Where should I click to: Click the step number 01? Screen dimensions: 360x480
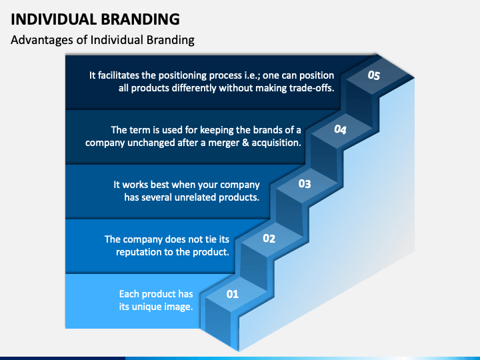pos(233,293)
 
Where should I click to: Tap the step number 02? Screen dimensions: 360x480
pos(269,238)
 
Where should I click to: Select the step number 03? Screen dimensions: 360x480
pos(304,183)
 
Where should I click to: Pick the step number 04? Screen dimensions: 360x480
pos(340,130)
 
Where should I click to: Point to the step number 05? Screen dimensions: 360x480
pos(374,76)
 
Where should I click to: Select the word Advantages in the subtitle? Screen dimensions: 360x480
pos(41,40)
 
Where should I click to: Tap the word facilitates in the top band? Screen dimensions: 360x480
pos(122,75)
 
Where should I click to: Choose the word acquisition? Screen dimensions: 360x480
pos(274,143)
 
